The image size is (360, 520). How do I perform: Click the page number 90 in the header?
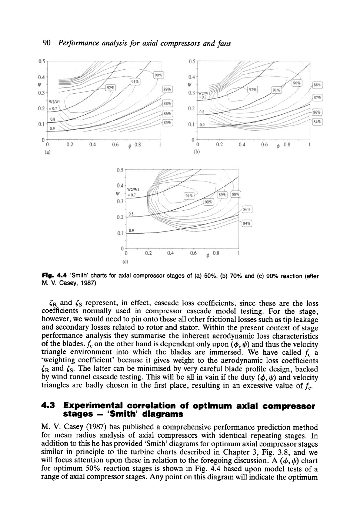click(x=47, y=44)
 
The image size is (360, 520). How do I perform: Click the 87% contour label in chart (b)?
click(x=317, y=98)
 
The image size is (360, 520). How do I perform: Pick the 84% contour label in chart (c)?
click(x=247, y=223)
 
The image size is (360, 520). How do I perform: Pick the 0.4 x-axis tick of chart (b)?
click(x=242, y=145)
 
